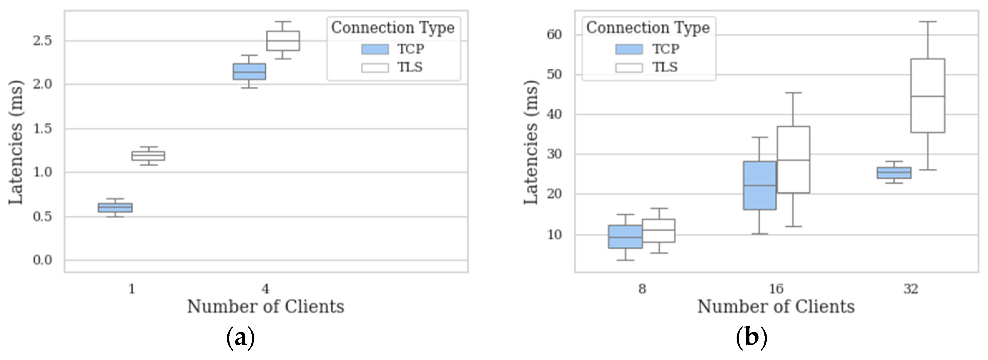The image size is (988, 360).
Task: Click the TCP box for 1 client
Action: tap(115, 207)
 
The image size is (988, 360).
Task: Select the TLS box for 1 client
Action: tap(148, 156)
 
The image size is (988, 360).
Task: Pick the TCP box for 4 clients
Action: tap(249, 71)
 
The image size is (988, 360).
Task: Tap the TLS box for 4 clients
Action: tap(283, 41)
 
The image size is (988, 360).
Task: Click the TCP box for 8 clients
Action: tap(625, 237)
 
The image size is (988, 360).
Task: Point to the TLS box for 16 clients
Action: tap(793, 160)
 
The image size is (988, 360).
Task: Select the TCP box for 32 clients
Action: tap(894, 173)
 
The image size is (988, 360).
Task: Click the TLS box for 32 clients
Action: tap(927, 96)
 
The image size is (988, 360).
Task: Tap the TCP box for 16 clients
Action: tap(759, 185)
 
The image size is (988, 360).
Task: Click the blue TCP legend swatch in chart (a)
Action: tap(375, 49)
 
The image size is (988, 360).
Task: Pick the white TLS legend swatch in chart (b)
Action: tap(629, 68)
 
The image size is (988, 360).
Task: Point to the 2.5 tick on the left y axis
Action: tap(42, 41)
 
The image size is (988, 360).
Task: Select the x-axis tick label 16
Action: tap(776, 288)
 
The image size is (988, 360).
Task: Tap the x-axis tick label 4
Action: tap(265, 288)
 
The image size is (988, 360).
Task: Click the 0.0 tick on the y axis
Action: tap(42, 260)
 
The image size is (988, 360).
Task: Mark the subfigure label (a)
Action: tap(240, 338)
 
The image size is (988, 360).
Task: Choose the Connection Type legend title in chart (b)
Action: tap(648, 27)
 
